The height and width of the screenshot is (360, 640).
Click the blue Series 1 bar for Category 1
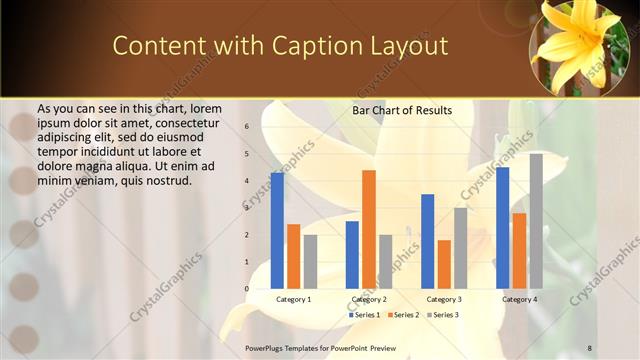click(x=277, y=231)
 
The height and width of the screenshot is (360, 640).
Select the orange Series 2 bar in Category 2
click(x=369, y=229)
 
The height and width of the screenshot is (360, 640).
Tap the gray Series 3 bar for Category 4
click(x=536, y=221)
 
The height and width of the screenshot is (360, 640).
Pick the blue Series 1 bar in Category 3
click(x=427, y=241)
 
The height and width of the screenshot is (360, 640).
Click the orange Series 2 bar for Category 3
click(x=444, y=264)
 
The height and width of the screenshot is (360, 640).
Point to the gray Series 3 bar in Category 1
click(x=310, y=262)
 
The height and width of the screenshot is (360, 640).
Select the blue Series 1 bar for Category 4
click(x=503, y=228)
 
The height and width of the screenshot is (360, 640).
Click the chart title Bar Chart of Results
click(x=402, y=110)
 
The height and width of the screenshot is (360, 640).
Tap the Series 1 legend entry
click(x=363, y=315)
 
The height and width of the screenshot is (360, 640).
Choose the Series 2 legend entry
click(x=403, y=315)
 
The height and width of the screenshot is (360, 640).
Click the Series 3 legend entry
click(x=443, y=315)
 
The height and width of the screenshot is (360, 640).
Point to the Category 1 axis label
click(x=293, y=299)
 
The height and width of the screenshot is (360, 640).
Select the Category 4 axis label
click(x=519, y=299)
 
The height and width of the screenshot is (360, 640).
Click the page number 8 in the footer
click(x=590, y=347)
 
